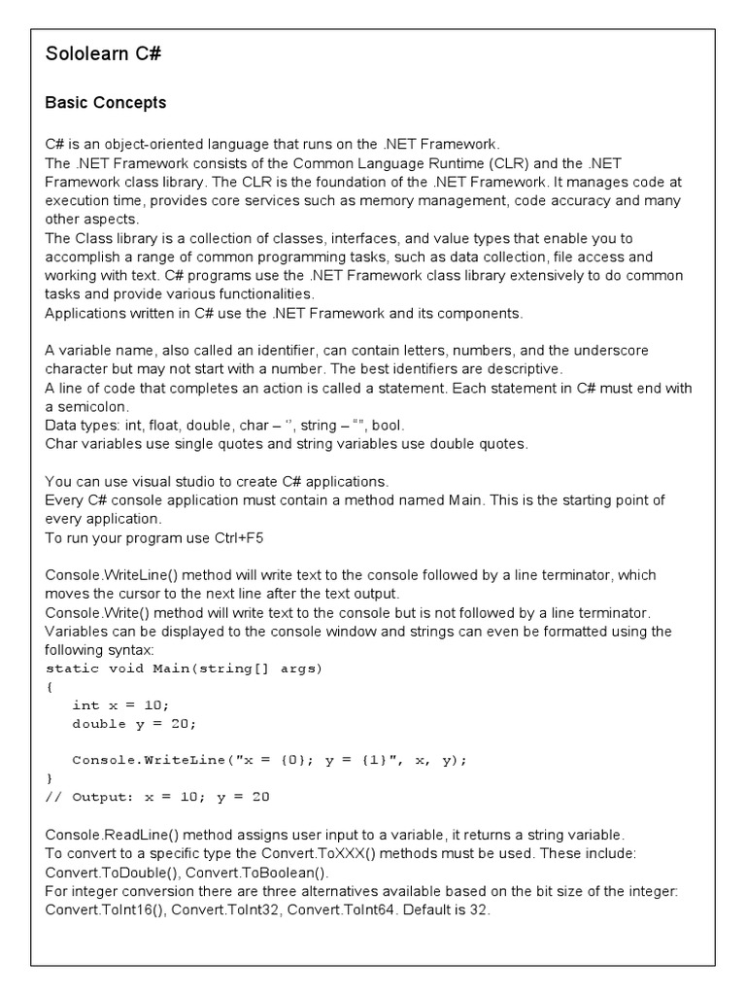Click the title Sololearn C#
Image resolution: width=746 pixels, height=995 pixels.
coord(103,54)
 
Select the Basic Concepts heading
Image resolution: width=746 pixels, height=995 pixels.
coord(106,103)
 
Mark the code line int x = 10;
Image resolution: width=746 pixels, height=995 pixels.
coord(120,705)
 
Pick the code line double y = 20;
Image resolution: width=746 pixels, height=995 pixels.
coord(134,724)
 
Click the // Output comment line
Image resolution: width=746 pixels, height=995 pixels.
coord(157,797)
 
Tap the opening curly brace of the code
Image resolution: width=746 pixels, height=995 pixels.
coord(50,687)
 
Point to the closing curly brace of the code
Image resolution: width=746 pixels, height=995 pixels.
coord(50,778)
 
